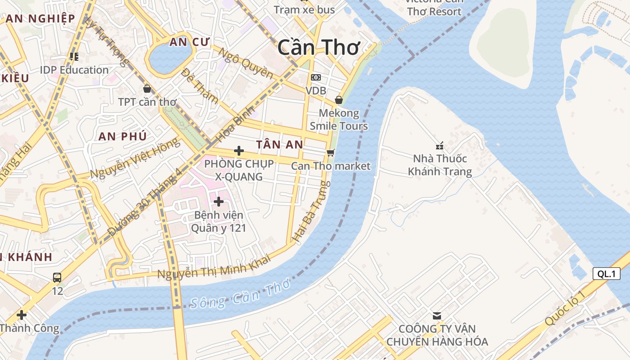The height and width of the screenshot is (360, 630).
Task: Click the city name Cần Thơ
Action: tap(319, 47)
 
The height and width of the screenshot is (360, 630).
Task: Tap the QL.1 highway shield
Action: tap(606, 274)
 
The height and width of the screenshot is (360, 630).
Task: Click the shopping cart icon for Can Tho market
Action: tap(331, 153)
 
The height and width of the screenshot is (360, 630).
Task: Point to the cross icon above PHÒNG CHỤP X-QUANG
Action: tap(239, 150)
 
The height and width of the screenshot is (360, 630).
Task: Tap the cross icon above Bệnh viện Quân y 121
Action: tap(219, 201)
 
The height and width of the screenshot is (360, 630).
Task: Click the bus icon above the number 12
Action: tap(57, 277)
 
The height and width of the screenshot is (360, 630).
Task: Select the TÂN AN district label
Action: tap(279, 144)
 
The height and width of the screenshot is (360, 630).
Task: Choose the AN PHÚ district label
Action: tap(122, 136)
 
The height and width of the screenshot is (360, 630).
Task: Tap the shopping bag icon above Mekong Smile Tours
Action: tap(339, 99)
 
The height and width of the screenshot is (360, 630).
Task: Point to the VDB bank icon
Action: tap(316, 77)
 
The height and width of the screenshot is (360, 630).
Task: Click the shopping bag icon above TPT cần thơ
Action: tap(147, 89)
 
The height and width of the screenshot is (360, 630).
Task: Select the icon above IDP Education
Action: tap(74, 57)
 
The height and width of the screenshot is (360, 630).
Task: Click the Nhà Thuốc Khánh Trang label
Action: tap(440, 165)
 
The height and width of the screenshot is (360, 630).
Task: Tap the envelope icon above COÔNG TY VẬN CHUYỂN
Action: tap(436, 315)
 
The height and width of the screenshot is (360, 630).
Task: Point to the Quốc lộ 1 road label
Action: tap(565, 308)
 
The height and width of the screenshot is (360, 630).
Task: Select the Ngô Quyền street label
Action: tap(246, 63)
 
